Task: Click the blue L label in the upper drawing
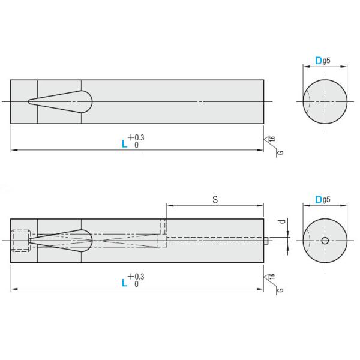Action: click(x=124, y=144)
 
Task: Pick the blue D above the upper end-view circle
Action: click(x=319, y=61)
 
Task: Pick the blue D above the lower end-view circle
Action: click(x=319, y=200)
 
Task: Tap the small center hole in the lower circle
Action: click(x=325, y=241)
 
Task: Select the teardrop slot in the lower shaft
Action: click(x=66, y=241)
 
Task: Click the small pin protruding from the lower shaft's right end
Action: click(x=266, y=241)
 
